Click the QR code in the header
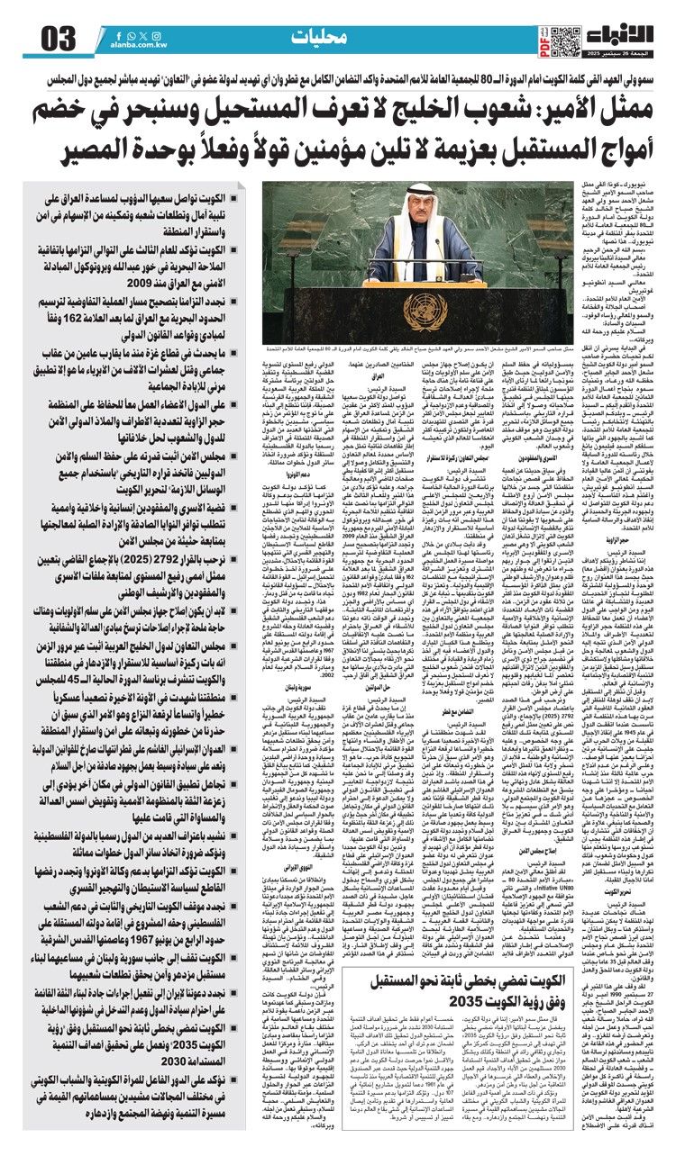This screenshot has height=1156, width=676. coord(564,39)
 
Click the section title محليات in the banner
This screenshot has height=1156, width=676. coord(321,39)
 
